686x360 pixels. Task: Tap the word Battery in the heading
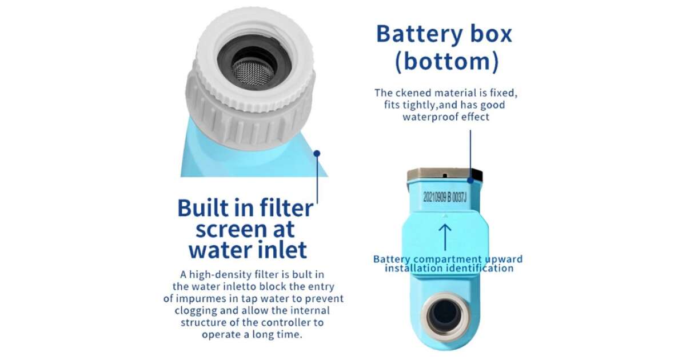click(x=419, y=35)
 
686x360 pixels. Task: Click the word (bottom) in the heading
click(x=447, y=62)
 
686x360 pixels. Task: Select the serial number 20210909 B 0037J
click(x=445, y=198)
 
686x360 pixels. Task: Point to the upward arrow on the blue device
click(x=445, y=238)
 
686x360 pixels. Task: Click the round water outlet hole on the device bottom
click(x=445, y=315)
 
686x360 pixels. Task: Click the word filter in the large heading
click(x=286, y=208)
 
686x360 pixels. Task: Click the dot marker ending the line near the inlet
click(x=317, y=153)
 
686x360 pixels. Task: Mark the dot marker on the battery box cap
click(x=470, y=181)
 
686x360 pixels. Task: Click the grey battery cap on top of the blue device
click(x=445, y=174)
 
